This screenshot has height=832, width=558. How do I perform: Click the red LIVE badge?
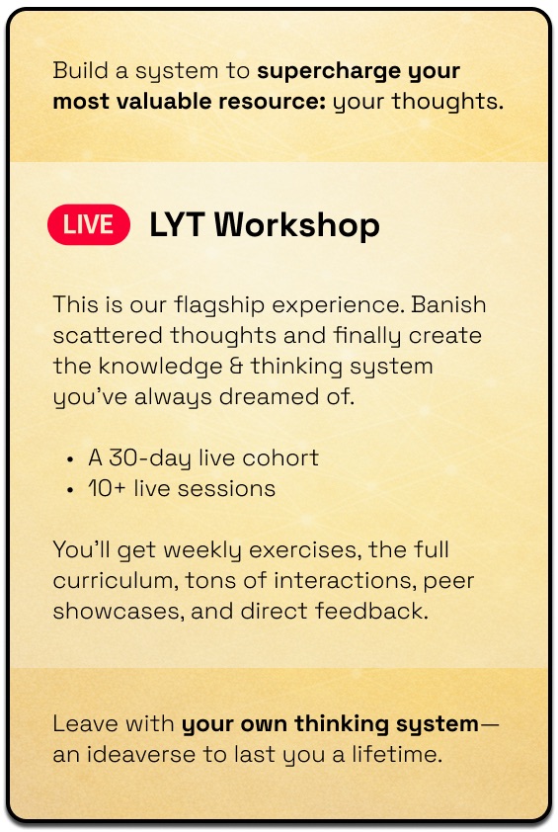click(x=89, y=224)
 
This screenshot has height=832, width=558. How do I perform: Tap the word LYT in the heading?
click(x=177, y=224)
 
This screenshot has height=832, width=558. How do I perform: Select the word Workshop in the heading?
click(x=297, y=225)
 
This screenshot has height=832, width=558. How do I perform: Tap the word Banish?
click(x=448, y=304)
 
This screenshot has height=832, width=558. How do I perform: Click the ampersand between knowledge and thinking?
click(x=236, y=367)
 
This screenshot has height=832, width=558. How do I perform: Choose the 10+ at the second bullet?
click(x=107, y=489)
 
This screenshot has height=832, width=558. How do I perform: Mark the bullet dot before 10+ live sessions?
click(x=70, y=490)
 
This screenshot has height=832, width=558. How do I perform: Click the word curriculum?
click(x=117, y=580)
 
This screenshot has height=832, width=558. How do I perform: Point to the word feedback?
click(x=371, y=611)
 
